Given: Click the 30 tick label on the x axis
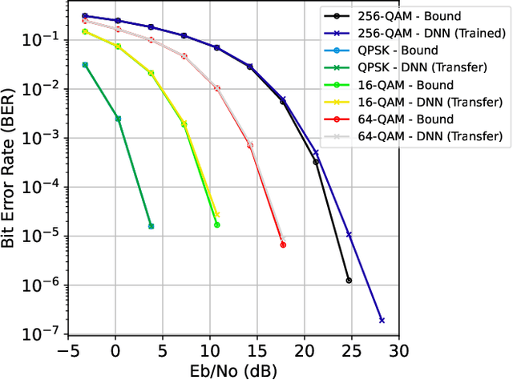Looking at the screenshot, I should click(x=398, y=351).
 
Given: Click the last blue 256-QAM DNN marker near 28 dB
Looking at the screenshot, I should click(x=382, y=320).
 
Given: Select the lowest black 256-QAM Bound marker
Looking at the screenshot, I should click(x=349, y=281).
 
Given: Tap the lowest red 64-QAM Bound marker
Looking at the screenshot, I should click(x=283, y=245).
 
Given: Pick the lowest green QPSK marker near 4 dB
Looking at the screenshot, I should click(x=151, y=226).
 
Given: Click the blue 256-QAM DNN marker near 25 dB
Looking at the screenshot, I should click(x=349, y=234).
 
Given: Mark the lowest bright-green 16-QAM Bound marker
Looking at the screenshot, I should click(x=216, y=224).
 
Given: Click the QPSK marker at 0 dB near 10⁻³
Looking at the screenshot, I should click(x=118, y=119).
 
